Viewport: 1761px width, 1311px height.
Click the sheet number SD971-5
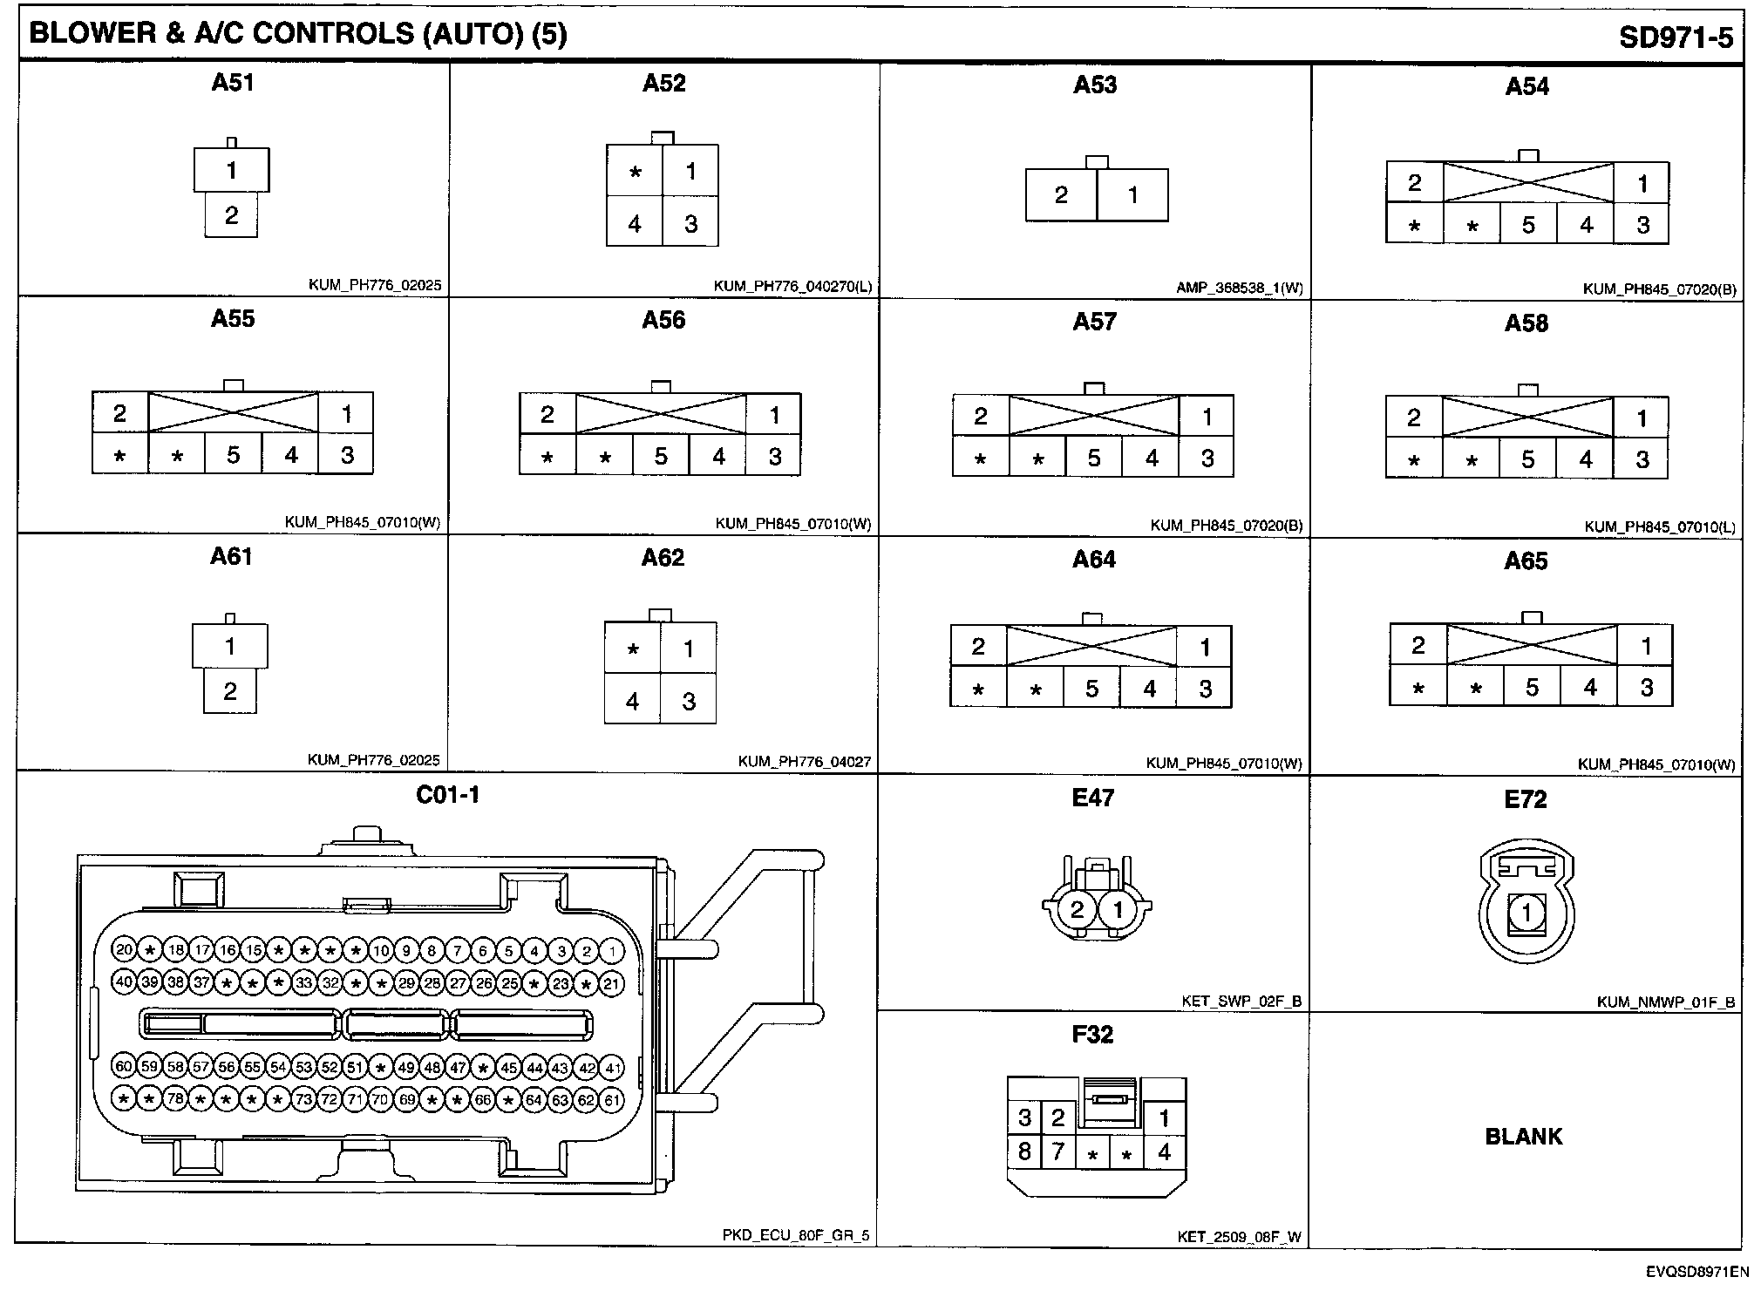pyautogui.click(x=1676, y=37)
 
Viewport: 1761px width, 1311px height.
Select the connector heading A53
pyautogui.click(x=1095, y=85)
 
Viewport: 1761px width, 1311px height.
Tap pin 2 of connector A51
pyautogui.click(x=231, y=215)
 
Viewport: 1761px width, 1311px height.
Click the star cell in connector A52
pyautogui.click(x=636, y=172)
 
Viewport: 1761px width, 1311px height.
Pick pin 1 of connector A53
pyautogui.click(x=1132, y=195)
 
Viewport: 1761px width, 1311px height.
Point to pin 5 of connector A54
pyautogui.click(x=1528, y=226)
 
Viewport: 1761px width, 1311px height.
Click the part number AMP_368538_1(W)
pyautogui.click(x=1239, y=288)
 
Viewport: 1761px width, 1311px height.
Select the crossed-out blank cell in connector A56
pyautogui.click(x=661, y=414)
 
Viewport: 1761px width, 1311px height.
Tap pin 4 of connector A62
pyautogui.click(x=633, y=701)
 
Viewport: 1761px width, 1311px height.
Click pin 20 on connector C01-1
pyautogui.click(x=124, y=950)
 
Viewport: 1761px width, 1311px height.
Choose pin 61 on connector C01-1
pyautogui.click(x=613, y=1100)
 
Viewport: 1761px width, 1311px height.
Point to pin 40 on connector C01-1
pyautogui.click(x=124, y=982)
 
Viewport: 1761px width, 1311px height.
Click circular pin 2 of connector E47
pyautogui.click(x=1077, y=910)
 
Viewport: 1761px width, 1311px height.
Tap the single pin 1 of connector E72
pyautogui.click(x=1526, y=914)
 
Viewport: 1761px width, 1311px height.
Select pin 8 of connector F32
pyautogui.click(x=1024, y=1152)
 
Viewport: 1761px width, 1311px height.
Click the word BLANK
pyautogui.click(x=1524, y=1137)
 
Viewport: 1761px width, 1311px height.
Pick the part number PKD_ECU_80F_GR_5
pyautogui.click(x=795, y=1235)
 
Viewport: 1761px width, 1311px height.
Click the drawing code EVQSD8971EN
pyautogui.click(x=1696, y=1272)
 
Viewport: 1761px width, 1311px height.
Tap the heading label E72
pyautogui.click(x=1525, y=799)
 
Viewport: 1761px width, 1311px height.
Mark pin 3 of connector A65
pyautogui.click(x=1646, y=688)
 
